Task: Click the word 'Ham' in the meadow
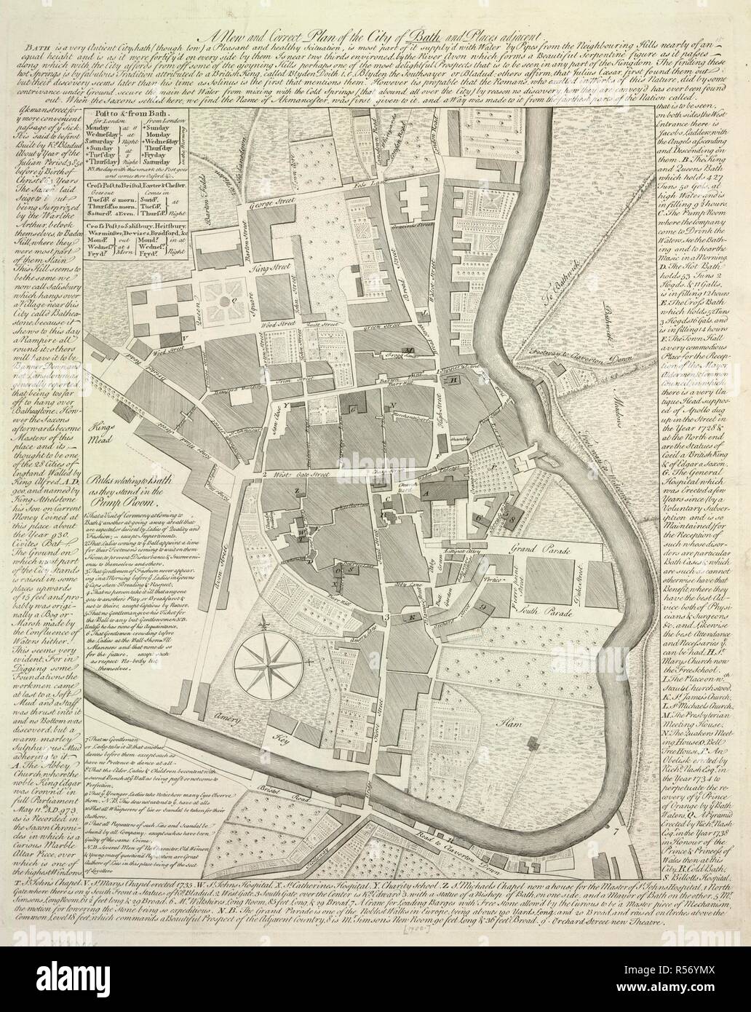507,703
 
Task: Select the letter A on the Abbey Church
427,493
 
